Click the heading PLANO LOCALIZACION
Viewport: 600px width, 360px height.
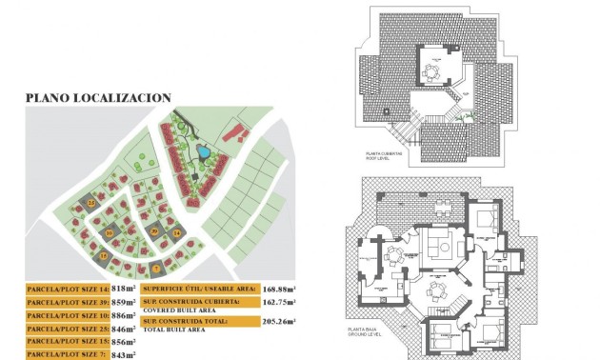(x=98, y=97)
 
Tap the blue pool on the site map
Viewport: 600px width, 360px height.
(x=203, y=152)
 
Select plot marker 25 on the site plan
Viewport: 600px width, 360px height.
(x=90, y=203)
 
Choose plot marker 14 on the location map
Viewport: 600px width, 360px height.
(x=176, y=232)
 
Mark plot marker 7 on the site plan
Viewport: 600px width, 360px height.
(x=155, y=270)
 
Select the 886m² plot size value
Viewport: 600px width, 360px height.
(x=125, y=313)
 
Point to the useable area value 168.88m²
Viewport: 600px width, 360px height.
(x=279, y=287)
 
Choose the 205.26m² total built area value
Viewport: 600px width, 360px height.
(x=279, y=322)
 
